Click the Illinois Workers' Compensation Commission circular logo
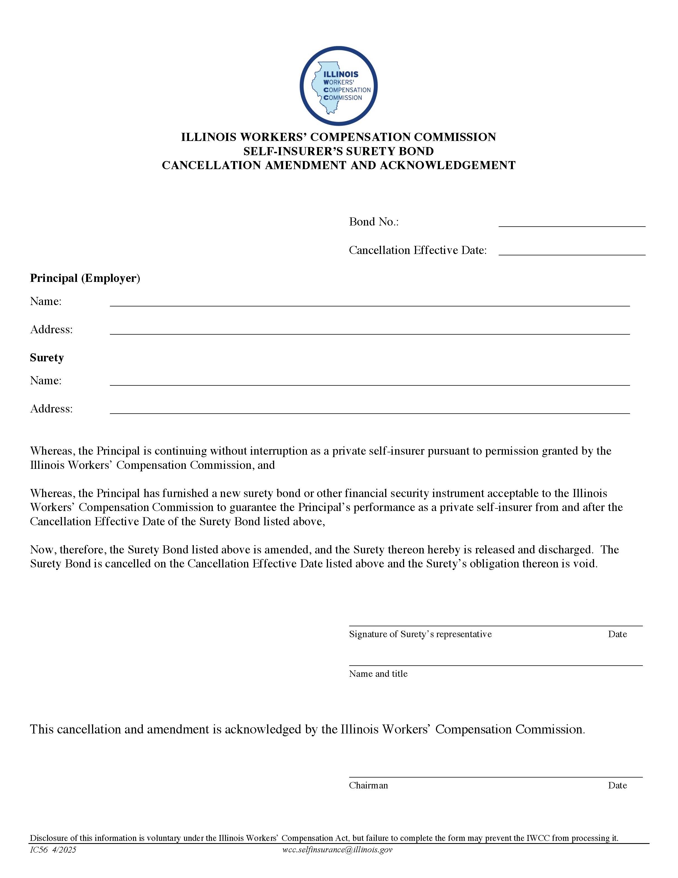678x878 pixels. tap(338, 86)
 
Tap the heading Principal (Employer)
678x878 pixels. tap(85, 278)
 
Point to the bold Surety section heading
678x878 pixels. tap(47, 358)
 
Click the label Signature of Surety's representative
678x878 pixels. tap(420, 634)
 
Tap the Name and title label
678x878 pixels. tap(378, 673)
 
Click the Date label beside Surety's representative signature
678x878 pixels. tap(617, 634)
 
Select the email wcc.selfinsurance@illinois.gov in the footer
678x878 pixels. tap(337, 850)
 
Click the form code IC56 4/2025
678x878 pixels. tap(53, 850)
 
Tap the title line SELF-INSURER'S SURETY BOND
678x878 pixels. tap(338, 151)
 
